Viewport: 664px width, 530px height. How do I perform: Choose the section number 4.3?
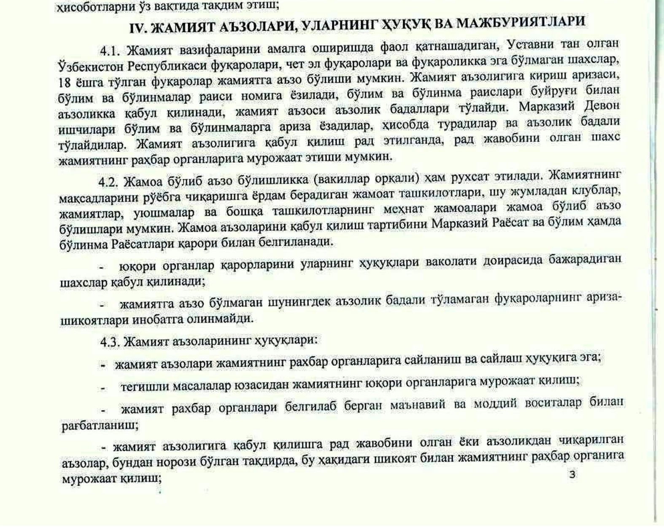110,341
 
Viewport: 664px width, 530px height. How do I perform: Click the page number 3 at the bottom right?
572,474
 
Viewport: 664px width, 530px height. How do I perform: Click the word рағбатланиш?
100,425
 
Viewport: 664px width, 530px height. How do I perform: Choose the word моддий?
495,404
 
